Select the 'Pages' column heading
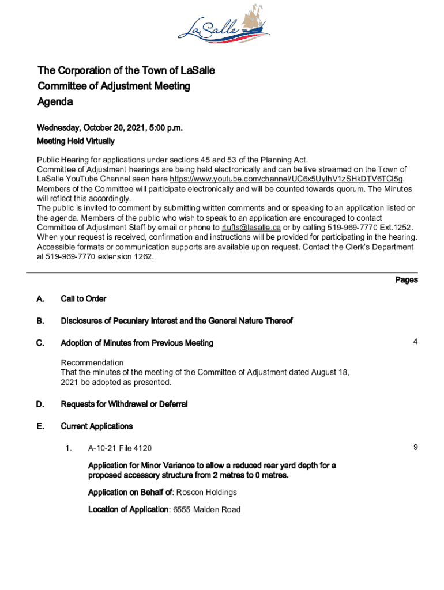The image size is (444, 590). [406, 280]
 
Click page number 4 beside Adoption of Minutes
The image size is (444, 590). [415, 342]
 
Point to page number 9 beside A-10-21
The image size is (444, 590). [415, 447]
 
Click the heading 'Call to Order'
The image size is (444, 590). [83, 298]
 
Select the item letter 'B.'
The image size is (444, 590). [40, 320]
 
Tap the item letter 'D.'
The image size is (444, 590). [40, 404]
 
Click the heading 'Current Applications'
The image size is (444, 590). [96, 426]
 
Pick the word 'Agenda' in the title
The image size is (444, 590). [55, 102]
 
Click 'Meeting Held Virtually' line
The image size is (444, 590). [76, 141]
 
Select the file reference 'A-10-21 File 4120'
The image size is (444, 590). [120, 448]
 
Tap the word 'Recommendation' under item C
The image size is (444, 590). [92, 362]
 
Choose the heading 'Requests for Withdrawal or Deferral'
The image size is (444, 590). [124, 404]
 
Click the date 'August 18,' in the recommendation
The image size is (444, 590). [330, 372]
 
